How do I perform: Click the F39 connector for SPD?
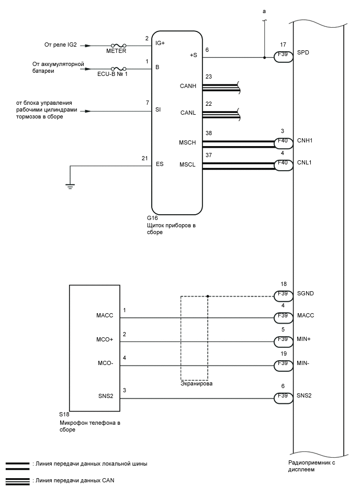pyautogui.click(x=283, y=58)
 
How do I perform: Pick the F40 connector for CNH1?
pyautogui.click(x=283, y=141)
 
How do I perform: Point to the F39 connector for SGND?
pyautogui.click(x=283, y=296)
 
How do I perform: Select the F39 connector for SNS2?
pyautogui.click(x=283, y=399)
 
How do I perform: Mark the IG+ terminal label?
pyautogui.click(x=160, y=43)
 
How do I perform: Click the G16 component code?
pyautogui.click(x=152, y=217)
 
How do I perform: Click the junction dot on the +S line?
pyautogui.click(x=264, y=58)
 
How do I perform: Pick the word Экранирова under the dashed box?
pyautogui.click(x=194, y=384)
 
